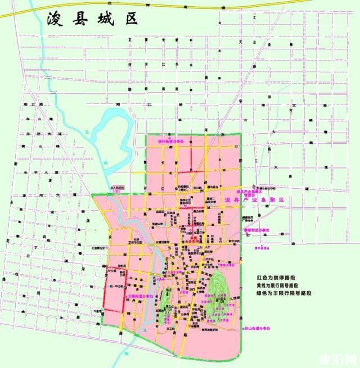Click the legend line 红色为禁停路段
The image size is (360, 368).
(278, 278)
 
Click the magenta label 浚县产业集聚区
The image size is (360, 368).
(255, 200)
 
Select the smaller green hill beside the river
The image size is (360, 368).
(165, 306)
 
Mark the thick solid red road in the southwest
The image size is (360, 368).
(123, 289)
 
